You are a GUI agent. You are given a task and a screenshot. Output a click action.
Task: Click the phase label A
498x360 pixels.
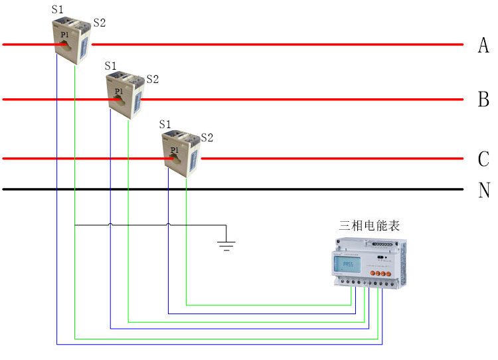click(x=483, y=45)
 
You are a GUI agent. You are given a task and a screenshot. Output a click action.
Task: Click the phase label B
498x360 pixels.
click(x=483, y=100)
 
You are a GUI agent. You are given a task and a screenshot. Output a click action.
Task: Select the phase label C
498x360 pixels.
click(x=483, y=159)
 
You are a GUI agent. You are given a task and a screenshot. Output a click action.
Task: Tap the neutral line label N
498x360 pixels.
click(x=483, y=190)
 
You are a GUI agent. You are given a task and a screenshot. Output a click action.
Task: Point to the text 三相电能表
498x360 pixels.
click(x=370, y=226)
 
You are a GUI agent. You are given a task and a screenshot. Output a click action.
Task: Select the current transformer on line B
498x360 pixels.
click(x=125, y=96)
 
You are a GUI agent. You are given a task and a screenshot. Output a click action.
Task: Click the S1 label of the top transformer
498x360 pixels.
click(x=58, y=9)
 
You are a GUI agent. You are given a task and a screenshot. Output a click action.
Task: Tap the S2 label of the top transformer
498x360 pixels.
click(x=100, y=23)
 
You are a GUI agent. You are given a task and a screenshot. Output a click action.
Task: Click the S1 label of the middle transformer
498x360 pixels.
click(x=111, y=66)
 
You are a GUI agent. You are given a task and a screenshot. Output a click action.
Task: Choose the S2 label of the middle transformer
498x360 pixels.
click(x=153, y=79)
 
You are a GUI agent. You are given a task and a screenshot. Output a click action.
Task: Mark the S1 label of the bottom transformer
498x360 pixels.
click(x=165, y=124)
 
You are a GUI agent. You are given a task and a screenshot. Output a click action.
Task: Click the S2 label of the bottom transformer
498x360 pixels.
click(x=207, y=137)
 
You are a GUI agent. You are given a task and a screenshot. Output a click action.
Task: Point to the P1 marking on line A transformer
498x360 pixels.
click(x=64, y=35)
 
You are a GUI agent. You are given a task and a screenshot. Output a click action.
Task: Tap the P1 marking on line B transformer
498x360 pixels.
click(x=118, y=91)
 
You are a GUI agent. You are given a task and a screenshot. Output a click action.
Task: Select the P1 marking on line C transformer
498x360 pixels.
click(x=173, y=150)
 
